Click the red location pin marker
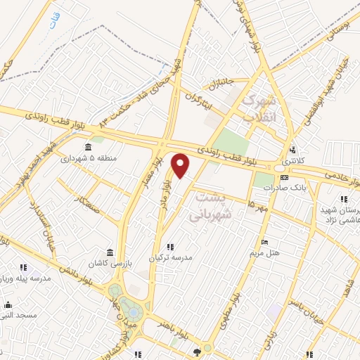pyautogui.click(x=181, y=165)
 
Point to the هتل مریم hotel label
pyautogui.click(x=265, y=252)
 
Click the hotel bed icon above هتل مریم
pyautogui.click(x=264, y=241)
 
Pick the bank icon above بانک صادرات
pyautogui.click(x=283, y=176)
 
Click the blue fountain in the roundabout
pyautogui.click(x=130, y=307)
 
